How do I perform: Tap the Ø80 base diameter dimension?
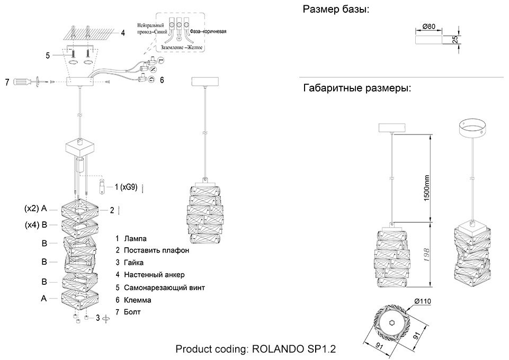[x=429, y=26]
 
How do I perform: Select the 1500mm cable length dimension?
[x=426, y=188]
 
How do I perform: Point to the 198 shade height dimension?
[x=426, y=255]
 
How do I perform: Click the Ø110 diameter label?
[x=423, y=301]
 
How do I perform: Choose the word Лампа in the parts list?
[x=135, y=239]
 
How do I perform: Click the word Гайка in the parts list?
[x=134, y=263]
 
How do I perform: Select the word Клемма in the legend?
[x=138, y=300]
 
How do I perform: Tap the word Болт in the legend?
[x=132, y=312]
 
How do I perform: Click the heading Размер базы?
[x=336, y=9]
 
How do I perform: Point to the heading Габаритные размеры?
[x=357, y=88]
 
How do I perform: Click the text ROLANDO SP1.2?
[x=294, y=349]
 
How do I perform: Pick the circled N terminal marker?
[x=153, y=69]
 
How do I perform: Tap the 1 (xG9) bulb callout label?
[x=126, y=187]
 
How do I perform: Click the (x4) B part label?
[x=36, y=225]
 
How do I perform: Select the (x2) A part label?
[x=35, y=209]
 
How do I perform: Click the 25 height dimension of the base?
[x=455, y=40]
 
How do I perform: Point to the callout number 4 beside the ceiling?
[x=123, y=33]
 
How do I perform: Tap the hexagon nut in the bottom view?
[x=392, y=323]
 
